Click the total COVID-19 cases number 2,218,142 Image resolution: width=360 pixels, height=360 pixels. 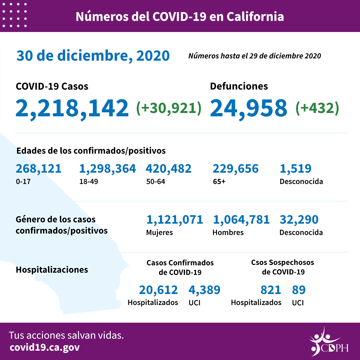click(72, 108)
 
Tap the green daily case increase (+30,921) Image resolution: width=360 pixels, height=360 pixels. click(169, 108)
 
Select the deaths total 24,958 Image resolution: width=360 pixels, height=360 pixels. click(249, 108)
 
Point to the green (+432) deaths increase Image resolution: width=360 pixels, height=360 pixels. click(317, 108)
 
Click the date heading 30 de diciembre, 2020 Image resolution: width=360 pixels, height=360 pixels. click(93, 56)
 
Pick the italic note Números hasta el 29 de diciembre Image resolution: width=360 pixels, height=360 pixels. click(255, 56)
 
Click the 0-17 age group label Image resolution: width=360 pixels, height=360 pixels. click(21, 182)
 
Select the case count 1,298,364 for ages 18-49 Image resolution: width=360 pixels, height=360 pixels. click(107, 169)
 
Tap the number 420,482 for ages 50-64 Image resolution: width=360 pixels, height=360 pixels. click(168, 169)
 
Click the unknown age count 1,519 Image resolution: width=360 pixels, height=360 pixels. click(295, 169)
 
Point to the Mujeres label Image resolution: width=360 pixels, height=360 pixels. click(159, 233)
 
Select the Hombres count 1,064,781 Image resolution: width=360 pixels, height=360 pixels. click(241, 220)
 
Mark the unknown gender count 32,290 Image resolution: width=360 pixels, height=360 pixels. click(299, 220)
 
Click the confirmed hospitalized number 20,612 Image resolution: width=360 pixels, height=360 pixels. click(158, 290)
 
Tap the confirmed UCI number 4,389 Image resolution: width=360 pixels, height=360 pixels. click(204, 290)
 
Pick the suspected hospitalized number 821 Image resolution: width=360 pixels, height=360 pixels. click(271, 290)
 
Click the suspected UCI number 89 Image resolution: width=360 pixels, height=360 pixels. click(299, 290)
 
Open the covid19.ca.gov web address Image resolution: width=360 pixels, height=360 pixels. click(45, 347)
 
